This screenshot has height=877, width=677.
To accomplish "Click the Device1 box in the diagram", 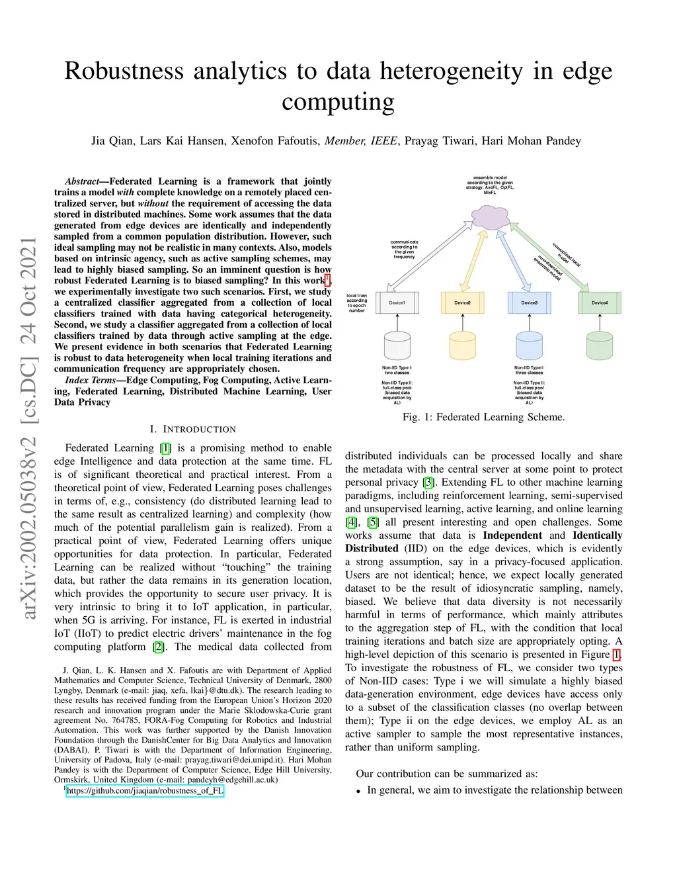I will (x=397, y=302).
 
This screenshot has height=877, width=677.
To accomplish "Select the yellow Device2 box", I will (x=463, y=302).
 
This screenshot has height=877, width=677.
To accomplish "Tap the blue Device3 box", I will (x=529, y=302).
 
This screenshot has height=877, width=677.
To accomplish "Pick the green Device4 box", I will (x=600, y=302).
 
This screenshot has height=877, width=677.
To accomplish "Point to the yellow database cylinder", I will (x=463, y=345).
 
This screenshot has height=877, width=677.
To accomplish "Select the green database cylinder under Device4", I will (x=600, y=345).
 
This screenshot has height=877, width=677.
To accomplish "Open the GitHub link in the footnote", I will (x=145, y=790).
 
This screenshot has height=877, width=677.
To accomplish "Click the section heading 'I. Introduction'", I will (x=193, y=429).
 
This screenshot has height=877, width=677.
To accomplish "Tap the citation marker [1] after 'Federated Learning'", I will (x=165, y=448).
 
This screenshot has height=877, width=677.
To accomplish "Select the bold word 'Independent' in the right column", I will (x=512, y=535).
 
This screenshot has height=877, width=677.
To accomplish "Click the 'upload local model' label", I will (x=567, y=254).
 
